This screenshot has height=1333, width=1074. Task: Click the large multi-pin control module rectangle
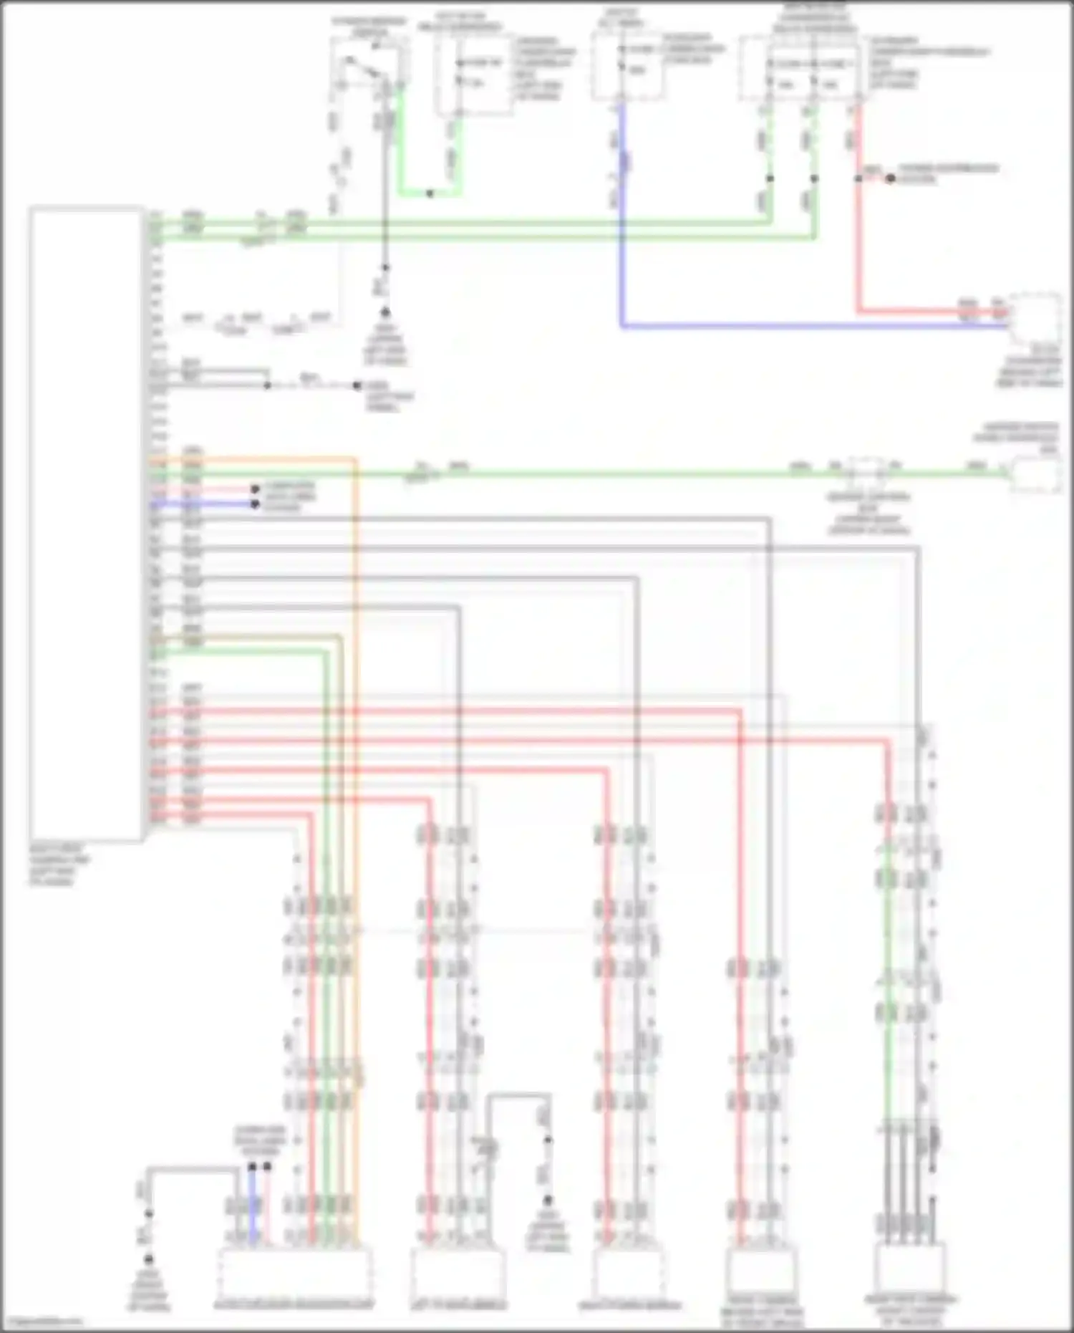(86, 523)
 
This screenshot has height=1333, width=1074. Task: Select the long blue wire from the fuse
(788, 326)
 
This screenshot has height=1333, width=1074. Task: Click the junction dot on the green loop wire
(430, 193)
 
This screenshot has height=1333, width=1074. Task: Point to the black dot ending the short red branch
(890, 178)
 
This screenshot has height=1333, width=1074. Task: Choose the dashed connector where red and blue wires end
(1035, 319)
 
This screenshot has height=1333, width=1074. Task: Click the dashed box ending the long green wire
(1035, 474)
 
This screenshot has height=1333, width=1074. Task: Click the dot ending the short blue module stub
(255, 504)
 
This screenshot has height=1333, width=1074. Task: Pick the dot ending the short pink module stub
(255, 490)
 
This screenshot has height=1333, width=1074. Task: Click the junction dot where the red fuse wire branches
(858, 178)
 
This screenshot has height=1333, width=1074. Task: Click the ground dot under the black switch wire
(384, 312)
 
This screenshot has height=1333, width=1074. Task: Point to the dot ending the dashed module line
(357, 385)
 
